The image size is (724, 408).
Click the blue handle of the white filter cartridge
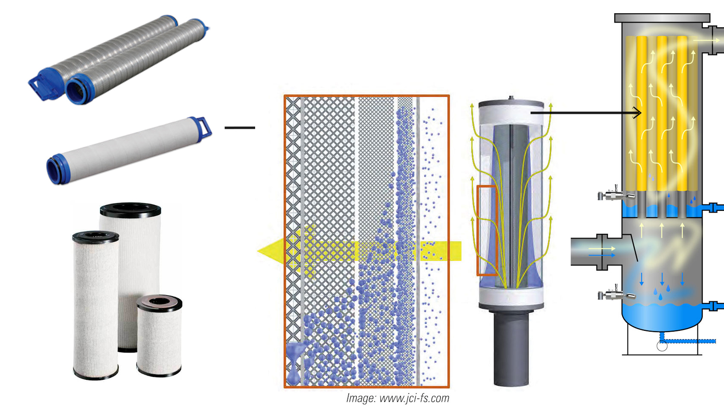coord(202,127)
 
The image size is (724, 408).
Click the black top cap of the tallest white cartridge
coord(131,210)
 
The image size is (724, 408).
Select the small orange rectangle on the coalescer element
coord(486,230)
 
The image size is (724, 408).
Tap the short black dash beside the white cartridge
coord(240,128)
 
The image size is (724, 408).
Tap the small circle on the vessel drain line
coord(662,346)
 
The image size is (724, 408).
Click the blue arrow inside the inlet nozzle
coord(602,255)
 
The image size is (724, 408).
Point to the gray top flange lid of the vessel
coord(662,18)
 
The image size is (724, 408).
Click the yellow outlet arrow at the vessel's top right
coord(706,40)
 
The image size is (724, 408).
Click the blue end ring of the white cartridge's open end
coord(55,171)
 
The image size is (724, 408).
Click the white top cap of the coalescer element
coord(511,113)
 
